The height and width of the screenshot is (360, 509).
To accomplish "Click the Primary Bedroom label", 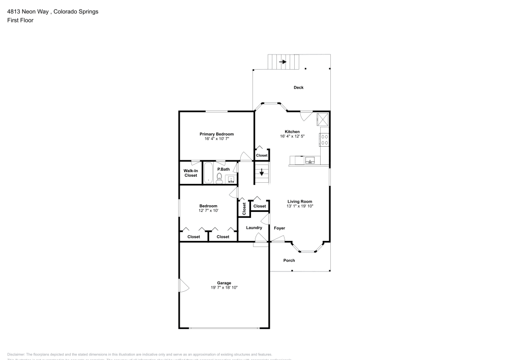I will pos(216,134).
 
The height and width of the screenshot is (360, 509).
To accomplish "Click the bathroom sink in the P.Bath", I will pos(231,179).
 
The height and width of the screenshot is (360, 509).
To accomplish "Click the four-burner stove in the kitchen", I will pos(324,140).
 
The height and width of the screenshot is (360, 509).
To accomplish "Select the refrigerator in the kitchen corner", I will pos(322,120).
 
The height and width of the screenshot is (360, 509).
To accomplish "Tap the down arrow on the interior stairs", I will pos(262,173).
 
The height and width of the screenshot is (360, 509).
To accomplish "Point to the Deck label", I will pos(298,88).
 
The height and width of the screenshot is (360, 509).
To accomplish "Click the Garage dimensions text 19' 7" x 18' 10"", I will pos(224,288).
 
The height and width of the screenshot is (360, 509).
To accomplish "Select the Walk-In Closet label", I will pos(190,173).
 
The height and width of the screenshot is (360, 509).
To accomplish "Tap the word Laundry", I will pos(254,228).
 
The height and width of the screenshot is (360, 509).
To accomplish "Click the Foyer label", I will pos(279,228).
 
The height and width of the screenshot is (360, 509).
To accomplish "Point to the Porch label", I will pos(289,260).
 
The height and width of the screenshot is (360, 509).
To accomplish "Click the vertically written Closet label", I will pos(244,208).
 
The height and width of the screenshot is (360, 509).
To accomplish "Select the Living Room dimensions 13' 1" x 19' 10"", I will pos(300,206).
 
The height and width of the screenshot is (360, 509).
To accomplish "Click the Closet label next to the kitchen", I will pos(262,155).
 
